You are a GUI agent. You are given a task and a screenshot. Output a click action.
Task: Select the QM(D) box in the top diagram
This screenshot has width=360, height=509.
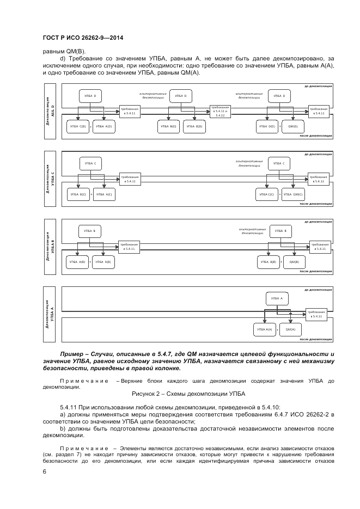[293, 127]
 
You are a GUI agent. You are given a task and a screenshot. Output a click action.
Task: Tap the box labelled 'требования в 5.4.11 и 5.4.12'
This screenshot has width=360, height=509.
[220, 112]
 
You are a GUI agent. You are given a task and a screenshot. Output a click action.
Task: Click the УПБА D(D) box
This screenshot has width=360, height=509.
[267, 127]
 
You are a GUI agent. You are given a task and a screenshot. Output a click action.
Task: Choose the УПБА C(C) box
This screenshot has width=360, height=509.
[267, 194]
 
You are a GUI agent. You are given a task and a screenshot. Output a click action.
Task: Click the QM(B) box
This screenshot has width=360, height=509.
[294, 262]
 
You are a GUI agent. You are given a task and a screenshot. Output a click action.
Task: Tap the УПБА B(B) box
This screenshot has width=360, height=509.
[267, 262]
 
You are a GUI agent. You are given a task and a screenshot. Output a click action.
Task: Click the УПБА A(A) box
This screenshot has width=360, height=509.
[264, 329]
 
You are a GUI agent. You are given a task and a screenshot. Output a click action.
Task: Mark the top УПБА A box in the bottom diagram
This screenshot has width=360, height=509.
[277, 298]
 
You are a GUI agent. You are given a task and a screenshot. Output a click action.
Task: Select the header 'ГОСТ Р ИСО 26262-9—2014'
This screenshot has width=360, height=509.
[82, 38]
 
